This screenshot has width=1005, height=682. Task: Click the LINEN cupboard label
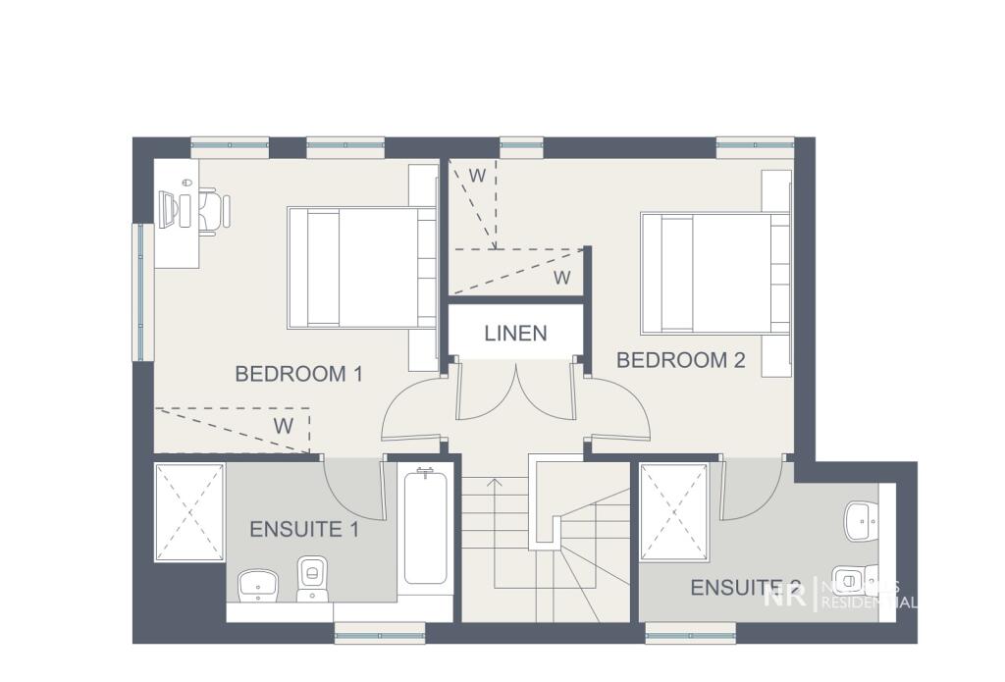[x=515, y=334]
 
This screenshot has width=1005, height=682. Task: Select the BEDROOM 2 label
[x=680, y=360]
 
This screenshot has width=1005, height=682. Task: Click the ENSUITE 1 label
[x=303, y=530]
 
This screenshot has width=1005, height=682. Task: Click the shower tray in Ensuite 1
[x=190, y=512]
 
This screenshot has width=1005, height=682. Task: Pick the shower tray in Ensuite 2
[x=674, y=512]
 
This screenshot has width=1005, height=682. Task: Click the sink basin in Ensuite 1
[x=258, y=586]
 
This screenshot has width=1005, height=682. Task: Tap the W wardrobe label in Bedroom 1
[x=283, y=426]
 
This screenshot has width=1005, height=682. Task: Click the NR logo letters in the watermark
[x=788, y=594]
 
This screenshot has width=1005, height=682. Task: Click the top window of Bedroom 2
[x=754, y=146]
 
